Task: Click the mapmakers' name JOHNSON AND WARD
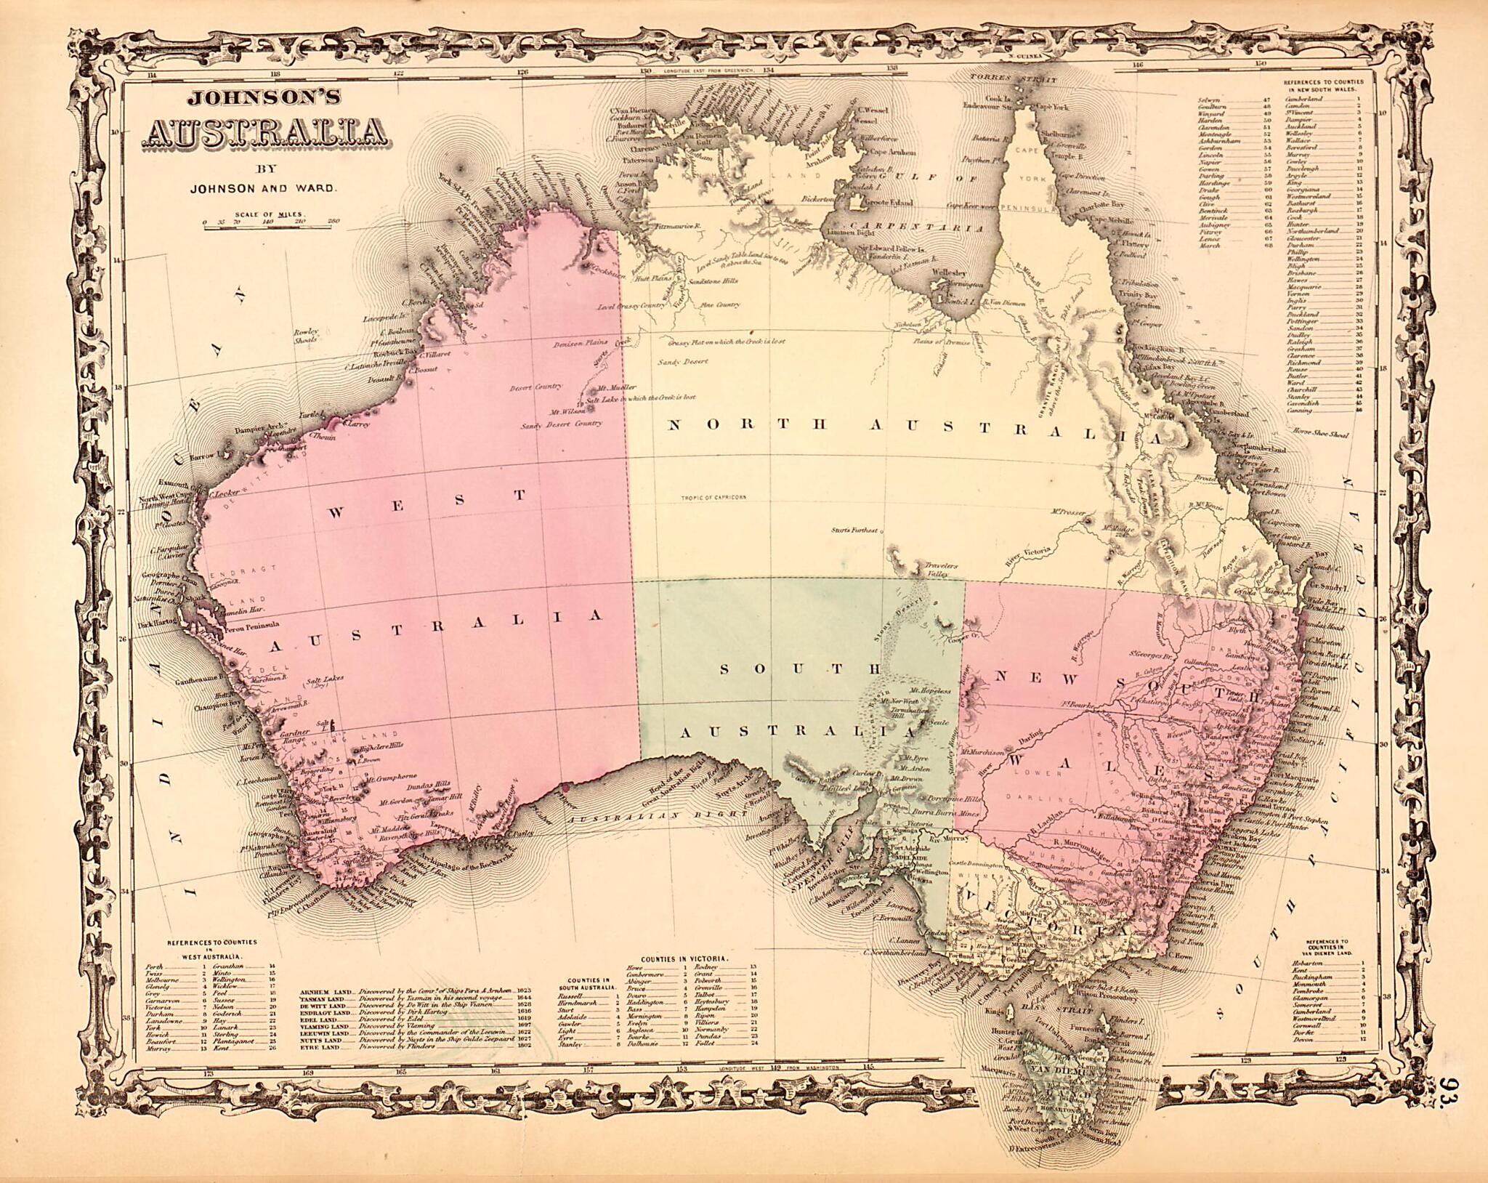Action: [264, 187]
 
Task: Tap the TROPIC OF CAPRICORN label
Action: [714, 498]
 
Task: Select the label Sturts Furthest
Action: [855, 530]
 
